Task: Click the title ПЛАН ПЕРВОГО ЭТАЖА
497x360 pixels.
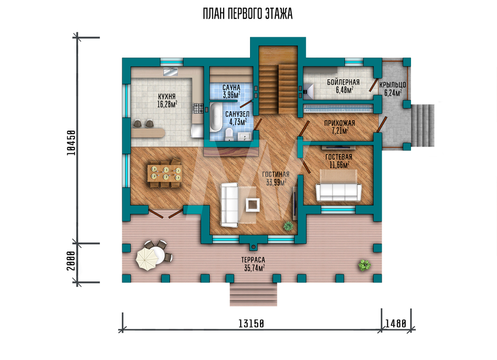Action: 248,14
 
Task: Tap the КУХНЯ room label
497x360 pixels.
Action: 166,96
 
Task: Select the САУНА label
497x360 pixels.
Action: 232,87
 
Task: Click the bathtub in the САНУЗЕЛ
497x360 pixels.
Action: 216,117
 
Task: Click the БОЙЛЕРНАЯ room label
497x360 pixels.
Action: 343,82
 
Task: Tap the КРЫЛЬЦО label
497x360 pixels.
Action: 393,85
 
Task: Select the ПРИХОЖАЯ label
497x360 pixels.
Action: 339,123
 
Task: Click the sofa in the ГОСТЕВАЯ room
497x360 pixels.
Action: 338,192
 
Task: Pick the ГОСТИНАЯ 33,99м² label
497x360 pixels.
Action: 276,178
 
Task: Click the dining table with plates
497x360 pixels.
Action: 165,173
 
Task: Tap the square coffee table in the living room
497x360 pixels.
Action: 253,205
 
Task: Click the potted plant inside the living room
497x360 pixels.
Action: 288,226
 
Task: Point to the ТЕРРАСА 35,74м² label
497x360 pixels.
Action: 253,264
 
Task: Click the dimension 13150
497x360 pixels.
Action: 251,324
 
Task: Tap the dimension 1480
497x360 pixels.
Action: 395,324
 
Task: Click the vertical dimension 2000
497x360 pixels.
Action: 71,261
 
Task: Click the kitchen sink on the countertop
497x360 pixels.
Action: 170,72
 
